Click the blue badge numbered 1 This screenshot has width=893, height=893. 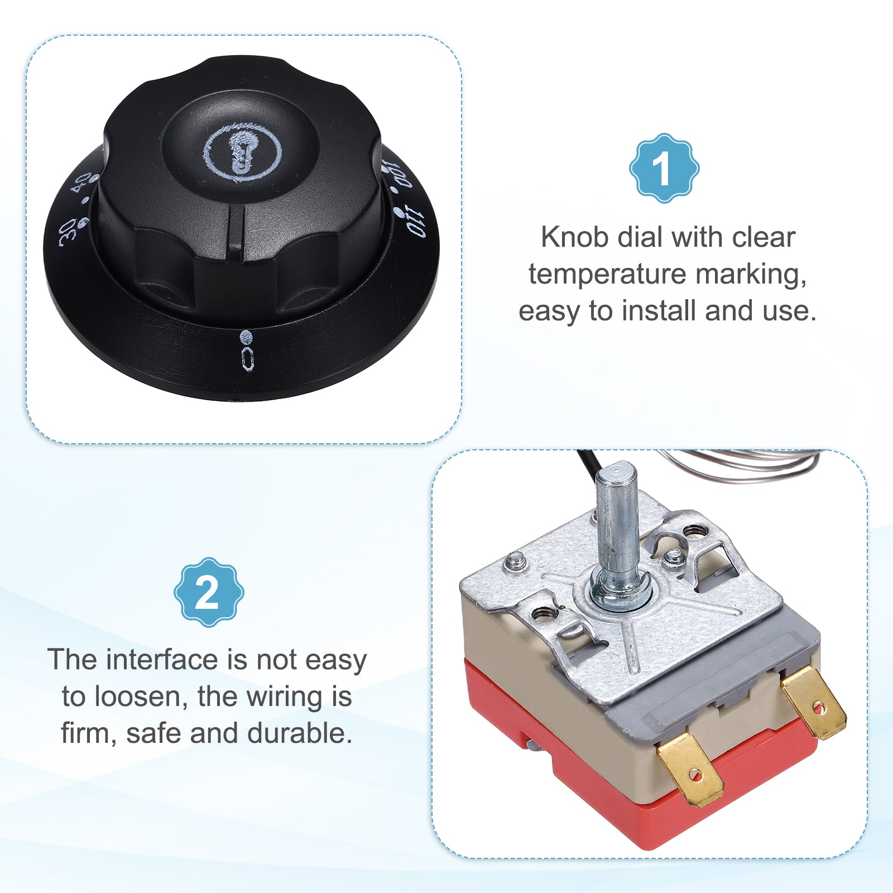(x=664, y=167)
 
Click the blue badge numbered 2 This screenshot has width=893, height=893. (x=209, y=592)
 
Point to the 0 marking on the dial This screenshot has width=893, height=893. (x=248, y=359)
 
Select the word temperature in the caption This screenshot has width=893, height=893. (x=607, y=274)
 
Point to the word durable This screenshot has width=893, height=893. (x=300, y=733)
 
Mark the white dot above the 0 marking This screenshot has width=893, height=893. (x=246, y=337)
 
